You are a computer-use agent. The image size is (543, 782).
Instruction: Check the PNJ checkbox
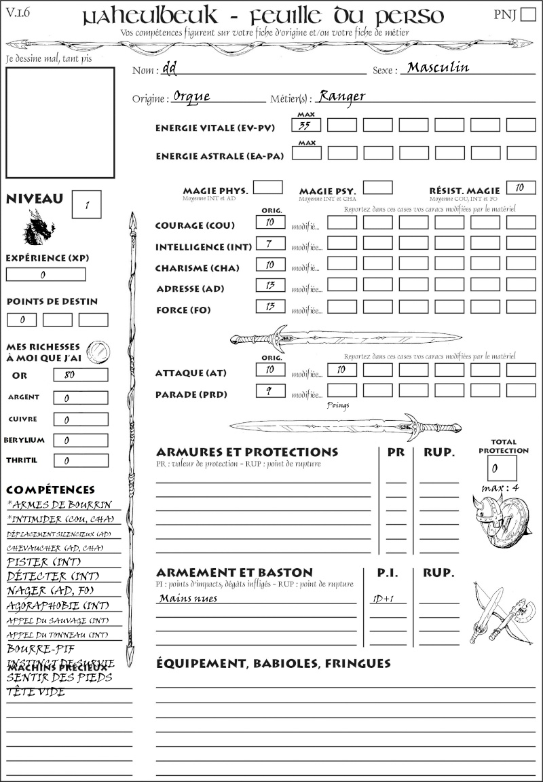[x=527, y=16]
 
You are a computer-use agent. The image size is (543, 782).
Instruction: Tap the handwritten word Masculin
[x=438, y=68]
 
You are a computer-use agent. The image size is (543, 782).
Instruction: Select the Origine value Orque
[x=191, y=96]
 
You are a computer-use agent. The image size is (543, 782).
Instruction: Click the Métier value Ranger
[x=342, y=96]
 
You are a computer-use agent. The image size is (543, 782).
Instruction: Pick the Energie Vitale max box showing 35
[x=306, y=125]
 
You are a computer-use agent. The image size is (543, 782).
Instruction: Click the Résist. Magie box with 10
[x=521, y=188]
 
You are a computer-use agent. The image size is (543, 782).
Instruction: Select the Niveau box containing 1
[x=86, y=204]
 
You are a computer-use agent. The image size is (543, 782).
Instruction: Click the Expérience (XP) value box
[x=45, y=275]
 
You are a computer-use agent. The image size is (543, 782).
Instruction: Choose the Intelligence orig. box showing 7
[x=270, y=243]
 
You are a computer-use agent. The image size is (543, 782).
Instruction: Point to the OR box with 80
[x=80, y=375]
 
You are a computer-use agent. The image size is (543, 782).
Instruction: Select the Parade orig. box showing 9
[x=270, y=391]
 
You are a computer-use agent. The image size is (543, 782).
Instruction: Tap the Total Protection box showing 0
[x=502, y=468]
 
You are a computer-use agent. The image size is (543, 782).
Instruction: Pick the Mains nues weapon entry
[x=188, y=599]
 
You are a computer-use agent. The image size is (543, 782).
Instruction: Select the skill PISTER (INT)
[x=37, y=562]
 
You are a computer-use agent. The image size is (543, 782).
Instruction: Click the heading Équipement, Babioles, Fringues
[x=273, y=663]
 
